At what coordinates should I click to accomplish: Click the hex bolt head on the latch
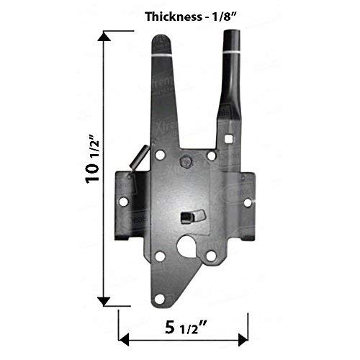[185, 161]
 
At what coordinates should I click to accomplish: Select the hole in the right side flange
[247, 202]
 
